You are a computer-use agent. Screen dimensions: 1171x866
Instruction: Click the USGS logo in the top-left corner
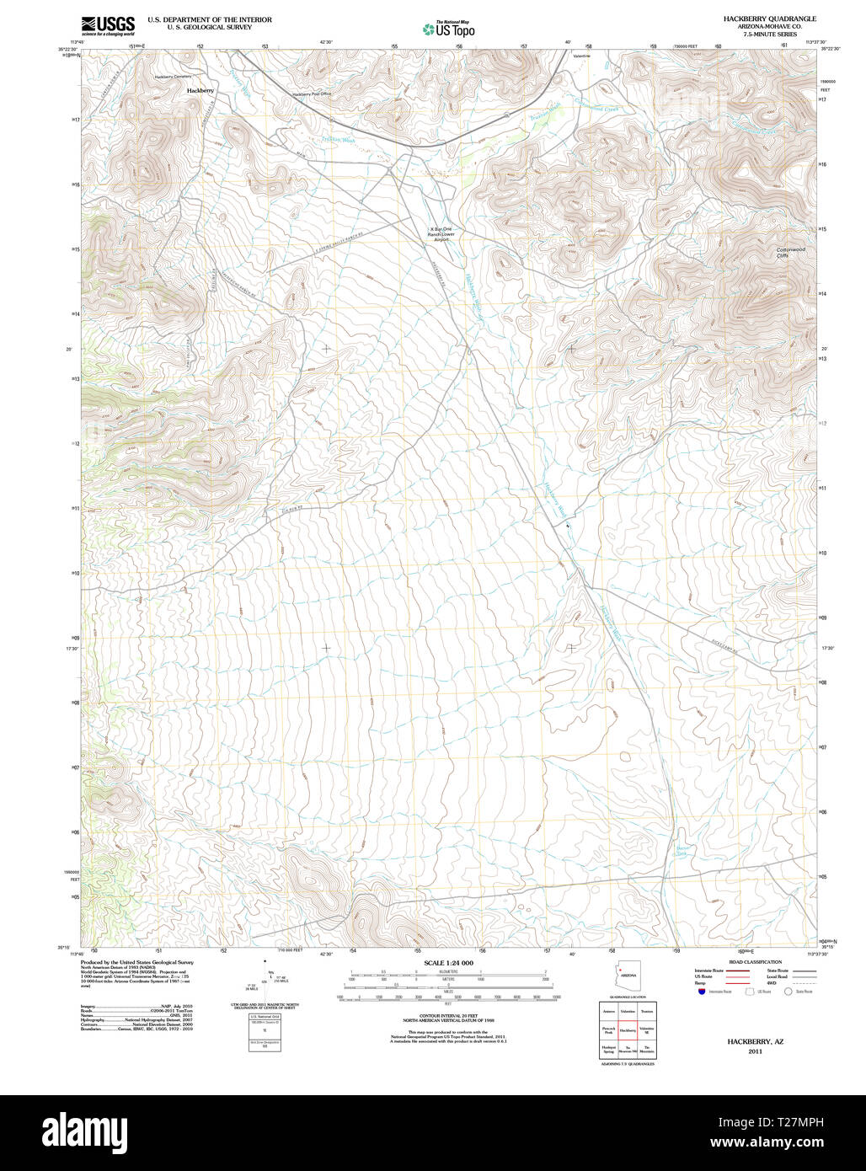coord(108,25)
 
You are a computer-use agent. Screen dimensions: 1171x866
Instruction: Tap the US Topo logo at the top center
coord(449,29)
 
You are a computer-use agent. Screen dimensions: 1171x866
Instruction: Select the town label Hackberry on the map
coord(200,90)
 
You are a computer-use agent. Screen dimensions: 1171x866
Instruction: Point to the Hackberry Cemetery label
coord(173,77)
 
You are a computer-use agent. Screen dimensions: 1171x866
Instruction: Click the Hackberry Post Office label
coord(312,94)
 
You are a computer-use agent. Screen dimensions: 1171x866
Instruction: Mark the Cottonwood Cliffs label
coord(791,252)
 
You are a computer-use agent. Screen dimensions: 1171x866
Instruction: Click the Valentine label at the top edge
coord(581,56)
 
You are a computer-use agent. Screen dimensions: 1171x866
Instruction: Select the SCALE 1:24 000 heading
coord(448,963)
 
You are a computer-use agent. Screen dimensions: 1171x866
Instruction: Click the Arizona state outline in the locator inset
coord(628,976)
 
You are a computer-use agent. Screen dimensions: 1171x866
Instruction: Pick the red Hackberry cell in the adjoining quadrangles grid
coord(628,1029)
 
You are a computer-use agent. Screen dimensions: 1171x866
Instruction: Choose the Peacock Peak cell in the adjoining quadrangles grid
coord(608,1029)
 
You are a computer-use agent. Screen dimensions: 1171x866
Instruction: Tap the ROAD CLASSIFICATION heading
coord(755,961)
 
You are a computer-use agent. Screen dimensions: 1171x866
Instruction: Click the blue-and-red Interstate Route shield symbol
coord(701,992)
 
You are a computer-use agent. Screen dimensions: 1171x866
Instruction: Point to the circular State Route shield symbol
coord(788,992)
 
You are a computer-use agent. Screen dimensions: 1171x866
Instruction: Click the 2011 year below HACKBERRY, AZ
coord(755,1051)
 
